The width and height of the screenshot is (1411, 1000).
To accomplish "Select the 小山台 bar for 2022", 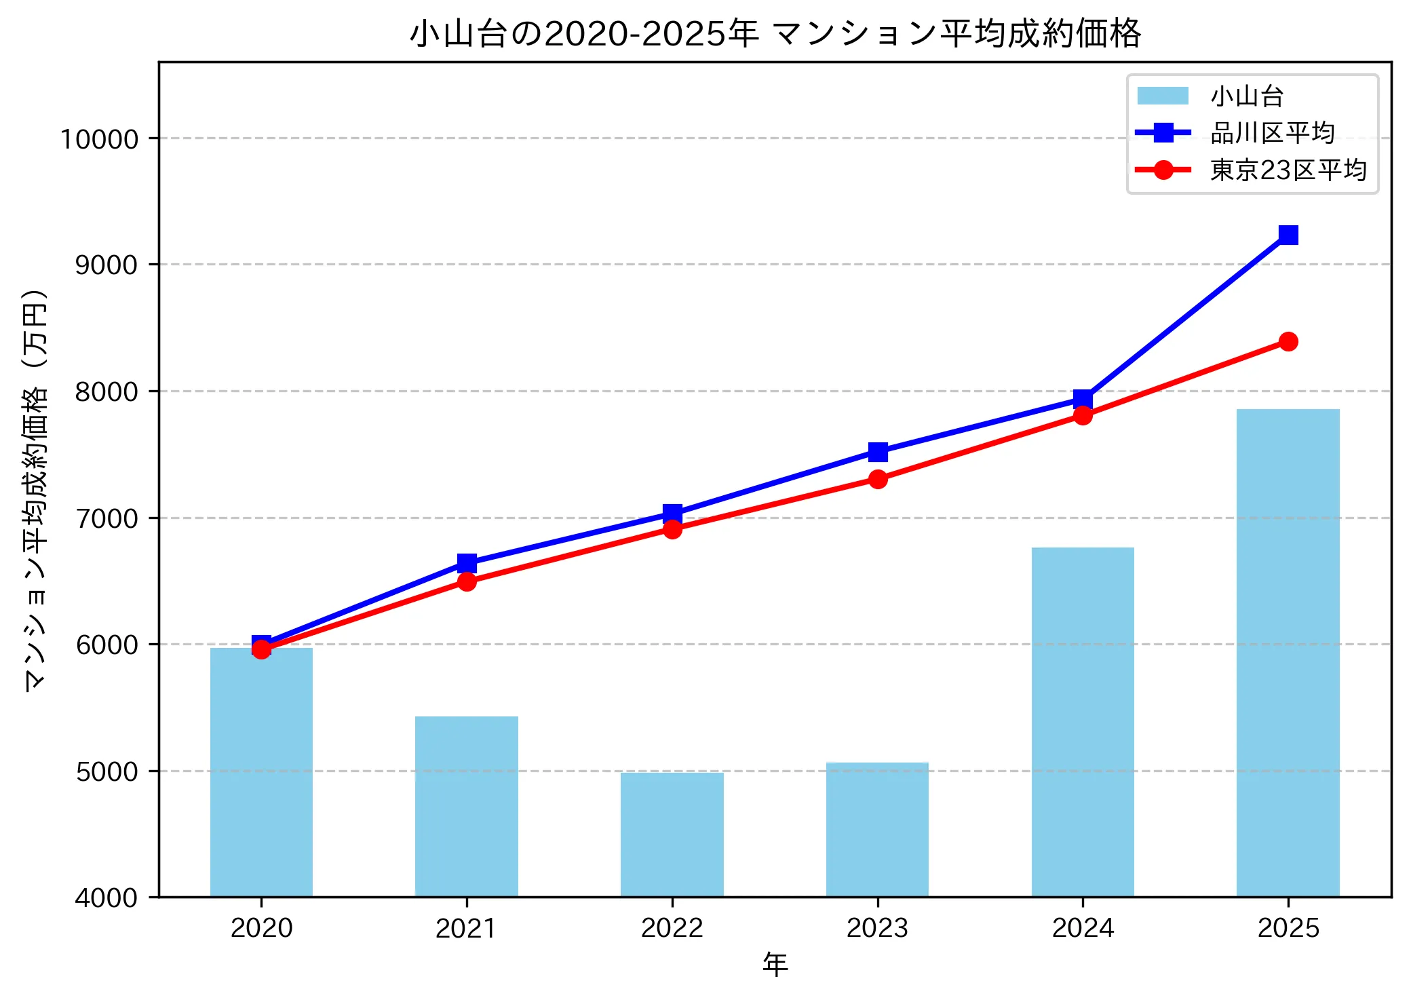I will click(x=672, y=834).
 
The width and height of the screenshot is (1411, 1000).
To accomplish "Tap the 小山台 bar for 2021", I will click(x=467, y=807).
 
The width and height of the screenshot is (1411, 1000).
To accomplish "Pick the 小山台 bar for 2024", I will click(x=1083, y=722).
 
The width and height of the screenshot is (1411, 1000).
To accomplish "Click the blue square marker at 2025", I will click(x=1288, y=235).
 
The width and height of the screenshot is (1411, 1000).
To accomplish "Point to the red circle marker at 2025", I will click(x=1288, y=341).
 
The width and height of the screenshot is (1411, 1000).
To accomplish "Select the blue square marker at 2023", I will click(x=878, y=452).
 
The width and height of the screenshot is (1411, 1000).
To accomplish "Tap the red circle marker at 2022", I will click(x=672, y=529).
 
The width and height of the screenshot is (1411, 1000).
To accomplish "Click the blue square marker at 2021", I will click(x=467, y=563).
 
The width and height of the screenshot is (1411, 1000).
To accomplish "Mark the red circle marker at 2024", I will click(x=1083, y=415).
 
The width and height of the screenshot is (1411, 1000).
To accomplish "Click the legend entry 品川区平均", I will click(x=1272, y=133).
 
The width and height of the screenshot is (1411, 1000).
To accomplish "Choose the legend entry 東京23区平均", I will click(x=1288, y=170).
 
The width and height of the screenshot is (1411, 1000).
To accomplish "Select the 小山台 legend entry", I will click(x=1247, y=96).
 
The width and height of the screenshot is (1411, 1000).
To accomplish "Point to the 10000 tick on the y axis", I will click(x=100, y=139).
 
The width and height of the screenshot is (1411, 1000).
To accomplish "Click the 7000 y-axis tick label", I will click(x=107, y=518).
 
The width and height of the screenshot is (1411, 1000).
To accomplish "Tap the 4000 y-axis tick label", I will click(x=107, y=898).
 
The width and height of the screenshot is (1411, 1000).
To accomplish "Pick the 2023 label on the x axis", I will click(x=877, y=928).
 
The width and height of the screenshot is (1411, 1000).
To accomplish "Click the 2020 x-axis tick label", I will click(x=261, y=928).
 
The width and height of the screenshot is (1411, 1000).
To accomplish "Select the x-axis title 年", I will click(x=775, y=964).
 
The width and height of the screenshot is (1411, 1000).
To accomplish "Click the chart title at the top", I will click(x=775, y=33).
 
